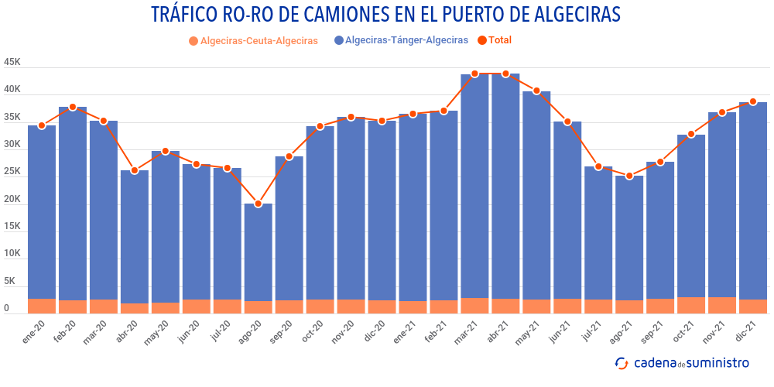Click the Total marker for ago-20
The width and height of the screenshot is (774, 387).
259,204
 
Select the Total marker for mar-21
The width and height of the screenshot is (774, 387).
475,74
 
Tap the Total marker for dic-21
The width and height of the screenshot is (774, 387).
753,102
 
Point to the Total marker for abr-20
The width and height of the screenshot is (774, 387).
135,170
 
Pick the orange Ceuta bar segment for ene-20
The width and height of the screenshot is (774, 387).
42,306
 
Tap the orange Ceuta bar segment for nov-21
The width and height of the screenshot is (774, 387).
722,305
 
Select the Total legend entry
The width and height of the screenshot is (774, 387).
495,40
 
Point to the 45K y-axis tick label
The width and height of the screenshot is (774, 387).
12,63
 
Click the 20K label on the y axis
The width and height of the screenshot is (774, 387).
12,200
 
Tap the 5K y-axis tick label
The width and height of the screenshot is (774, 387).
9,282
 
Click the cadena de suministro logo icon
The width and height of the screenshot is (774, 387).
621,363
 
